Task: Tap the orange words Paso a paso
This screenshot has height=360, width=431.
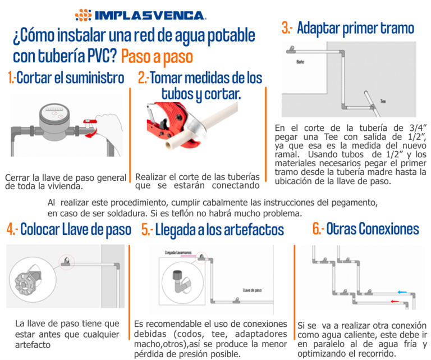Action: coord(157,56)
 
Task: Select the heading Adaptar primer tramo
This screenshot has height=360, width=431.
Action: coord(348,28)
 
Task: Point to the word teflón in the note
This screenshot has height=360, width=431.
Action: coord(221,214)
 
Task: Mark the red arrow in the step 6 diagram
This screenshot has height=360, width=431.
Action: coord(397,302)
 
